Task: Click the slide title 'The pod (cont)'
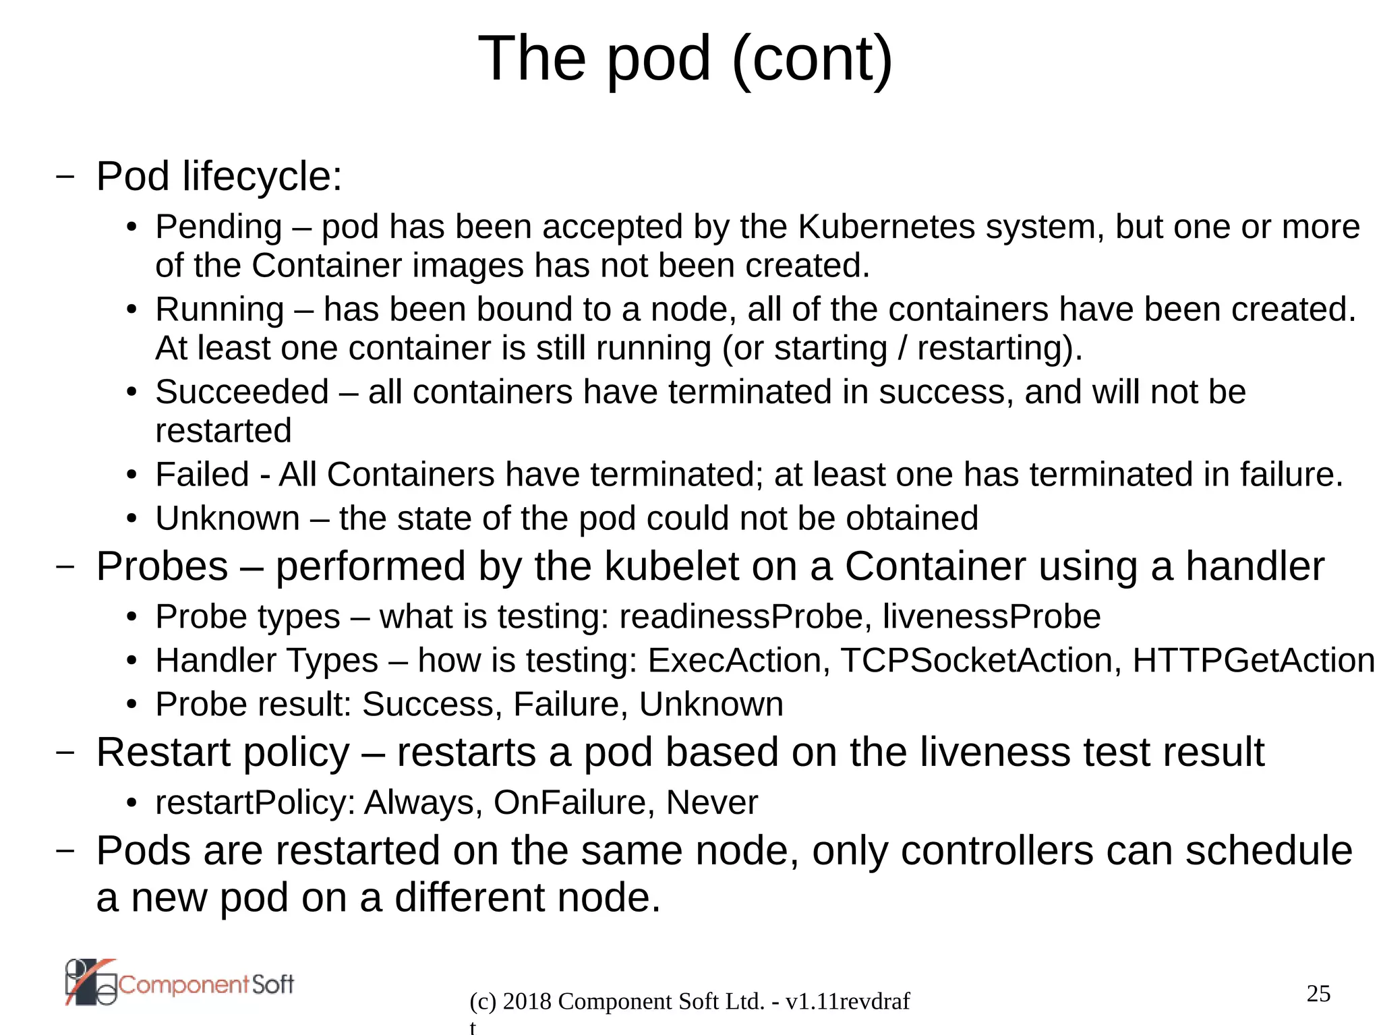685,59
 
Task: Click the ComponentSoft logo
179,983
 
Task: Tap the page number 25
1318,993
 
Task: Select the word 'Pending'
218,227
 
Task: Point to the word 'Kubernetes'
886,227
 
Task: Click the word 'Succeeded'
242,392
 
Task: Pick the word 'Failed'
202,475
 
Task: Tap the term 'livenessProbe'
991,617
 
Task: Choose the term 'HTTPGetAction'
1253,661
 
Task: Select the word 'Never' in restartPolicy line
711,803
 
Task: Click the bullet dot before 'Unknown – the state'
132,520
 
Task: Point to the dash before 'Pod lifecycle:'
65,177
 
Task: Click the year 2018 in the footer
527,1002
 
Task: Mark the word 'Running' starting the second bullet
220,310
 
